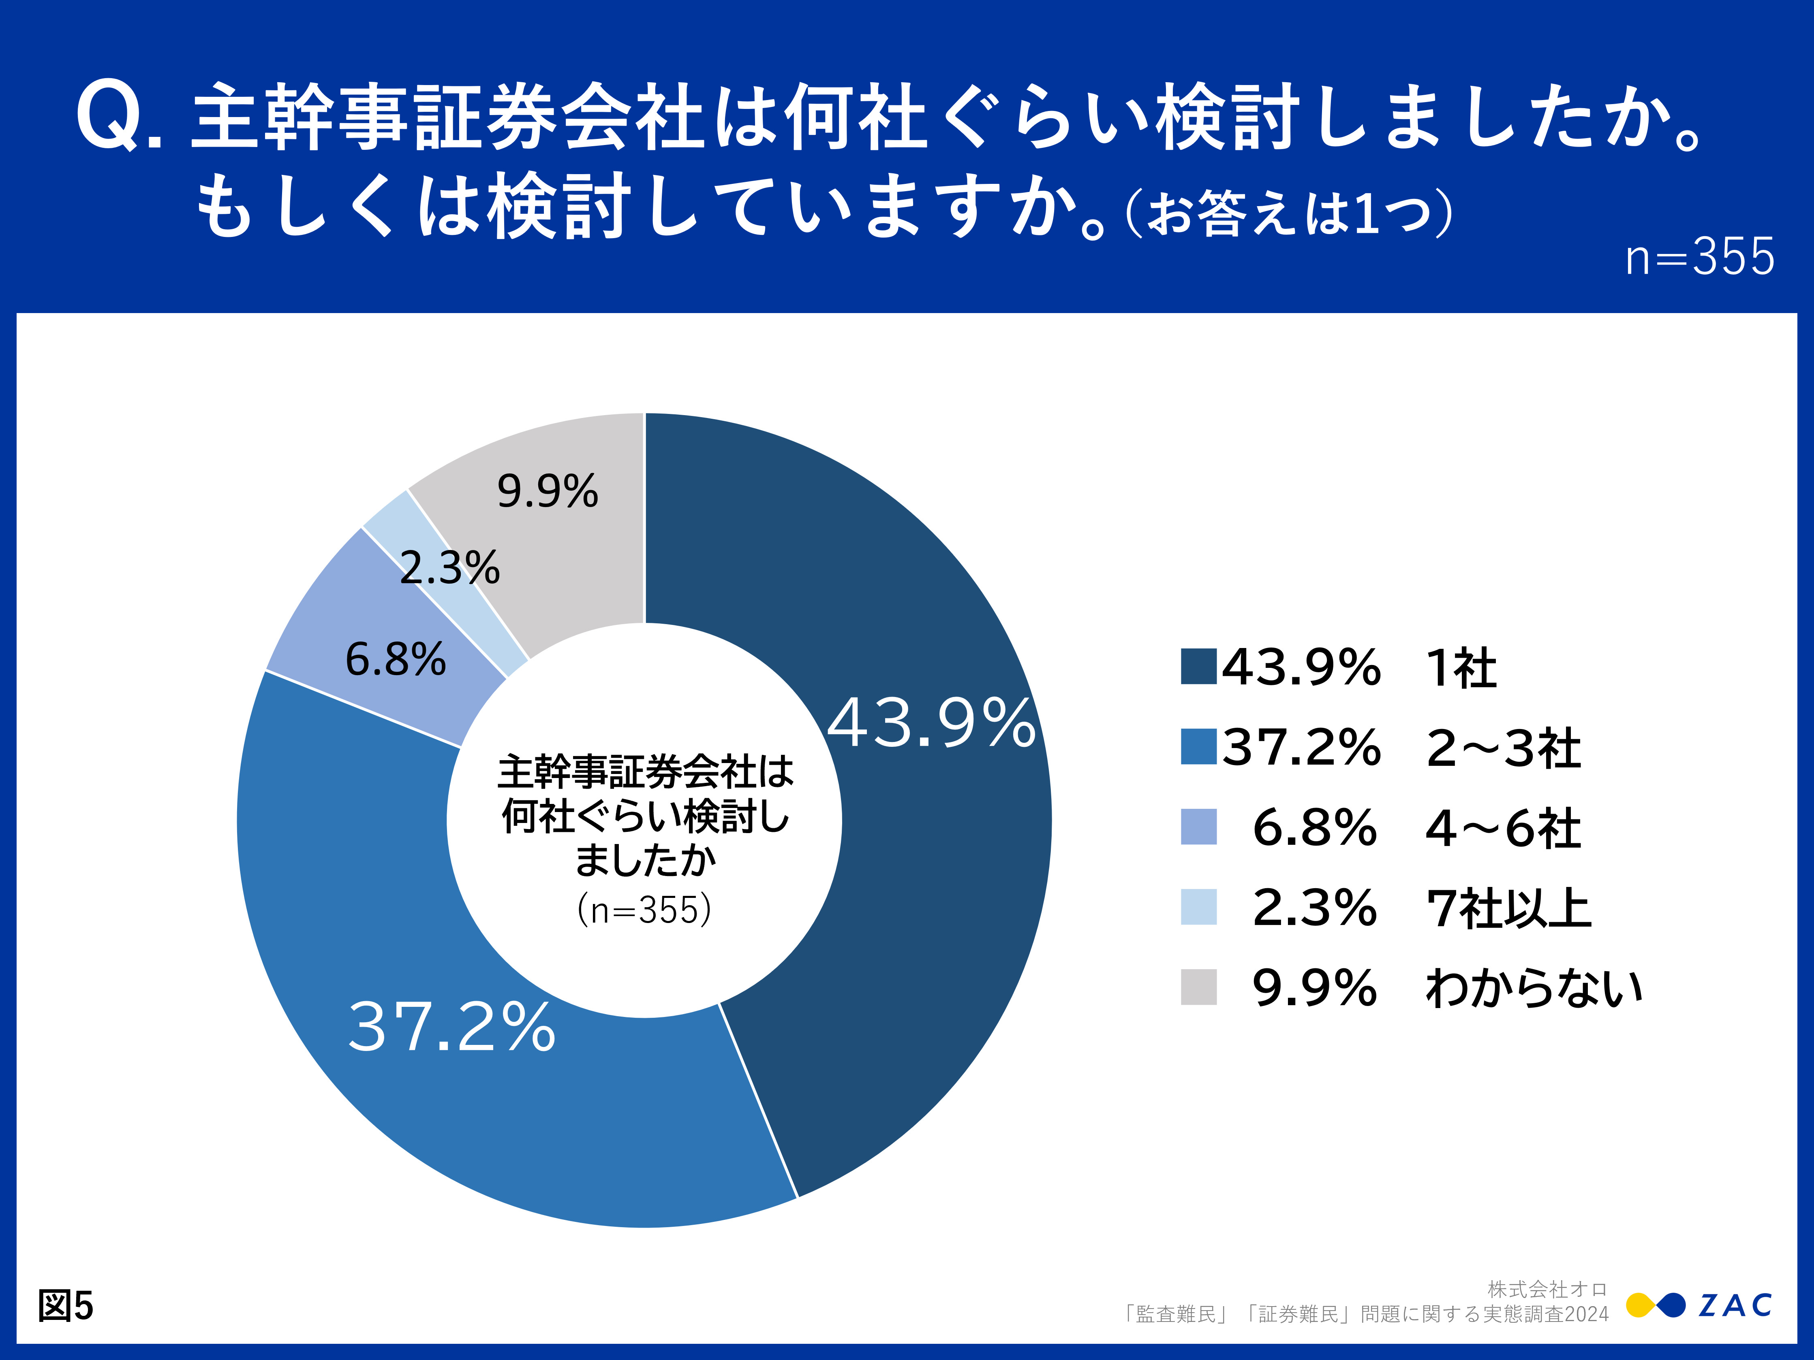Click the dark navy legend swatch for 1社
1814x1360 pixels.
pos(1198,666)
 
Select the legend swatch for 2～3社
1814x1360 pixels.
pos(1198,746)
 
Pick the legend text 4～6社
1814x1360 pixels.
pos(1502,828)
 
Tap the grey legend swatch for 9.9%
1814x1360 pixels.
pos(1198,987)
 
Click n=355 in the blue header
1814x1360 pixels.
pos(1699,257)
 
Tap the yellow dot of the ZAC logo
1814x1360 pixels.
pos(1639,1305)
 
